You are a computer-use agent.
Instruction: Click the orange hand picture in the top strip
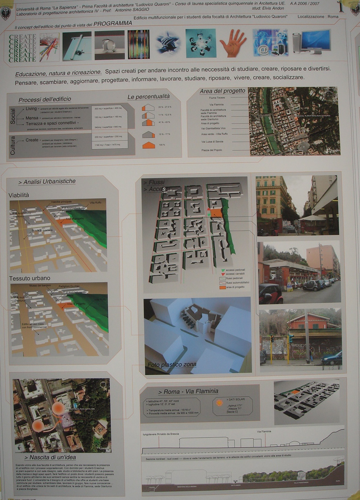pos(233,43)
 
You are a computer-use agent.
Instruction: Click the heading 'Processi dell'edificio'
pos(45,100)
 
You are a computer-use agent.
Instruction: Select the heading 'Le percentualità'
pos(149,97)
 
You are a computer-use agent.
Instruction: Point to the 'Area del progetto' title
pos(222,91)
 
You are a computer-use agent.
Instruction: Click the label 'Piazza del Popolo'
pos(212,150)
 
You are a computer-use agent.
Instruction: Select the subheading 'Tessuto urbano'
pos(29,278)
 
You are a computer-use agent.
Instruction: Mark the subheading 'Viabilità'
pos(19,195)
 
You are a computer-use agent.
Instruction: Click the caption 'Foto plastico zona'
pos(172,365)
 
